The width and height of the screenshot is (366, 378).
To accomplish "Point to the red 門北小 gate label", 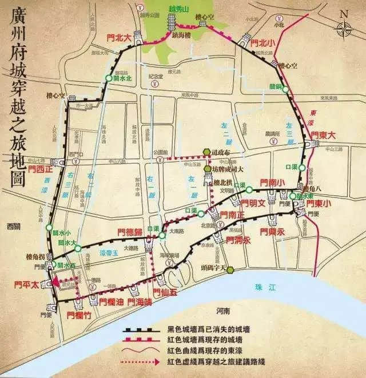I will [264, 42].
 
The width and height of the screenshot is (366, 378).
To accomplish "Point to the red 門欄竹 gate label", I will [79, 314].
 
